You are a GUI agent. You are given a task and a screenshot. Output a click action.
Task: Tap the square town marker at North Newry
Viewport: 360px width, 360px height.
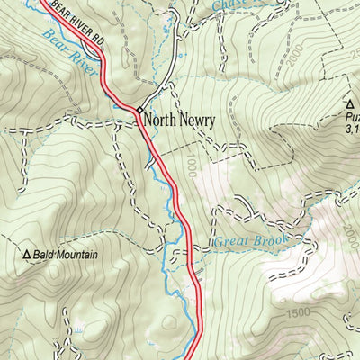pos(139,111)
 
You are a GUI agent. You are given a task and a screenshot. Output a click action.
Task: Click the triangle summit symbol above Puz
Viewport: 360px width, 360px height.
pos(349,105)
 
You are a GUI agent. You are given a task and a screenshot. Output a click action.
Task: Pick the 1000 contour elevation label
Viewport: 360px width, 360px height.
pos(189,161)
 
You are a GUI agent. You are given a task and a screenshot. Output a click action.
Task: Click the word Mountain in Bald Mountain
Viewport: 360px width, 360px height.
pos(76,256)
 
